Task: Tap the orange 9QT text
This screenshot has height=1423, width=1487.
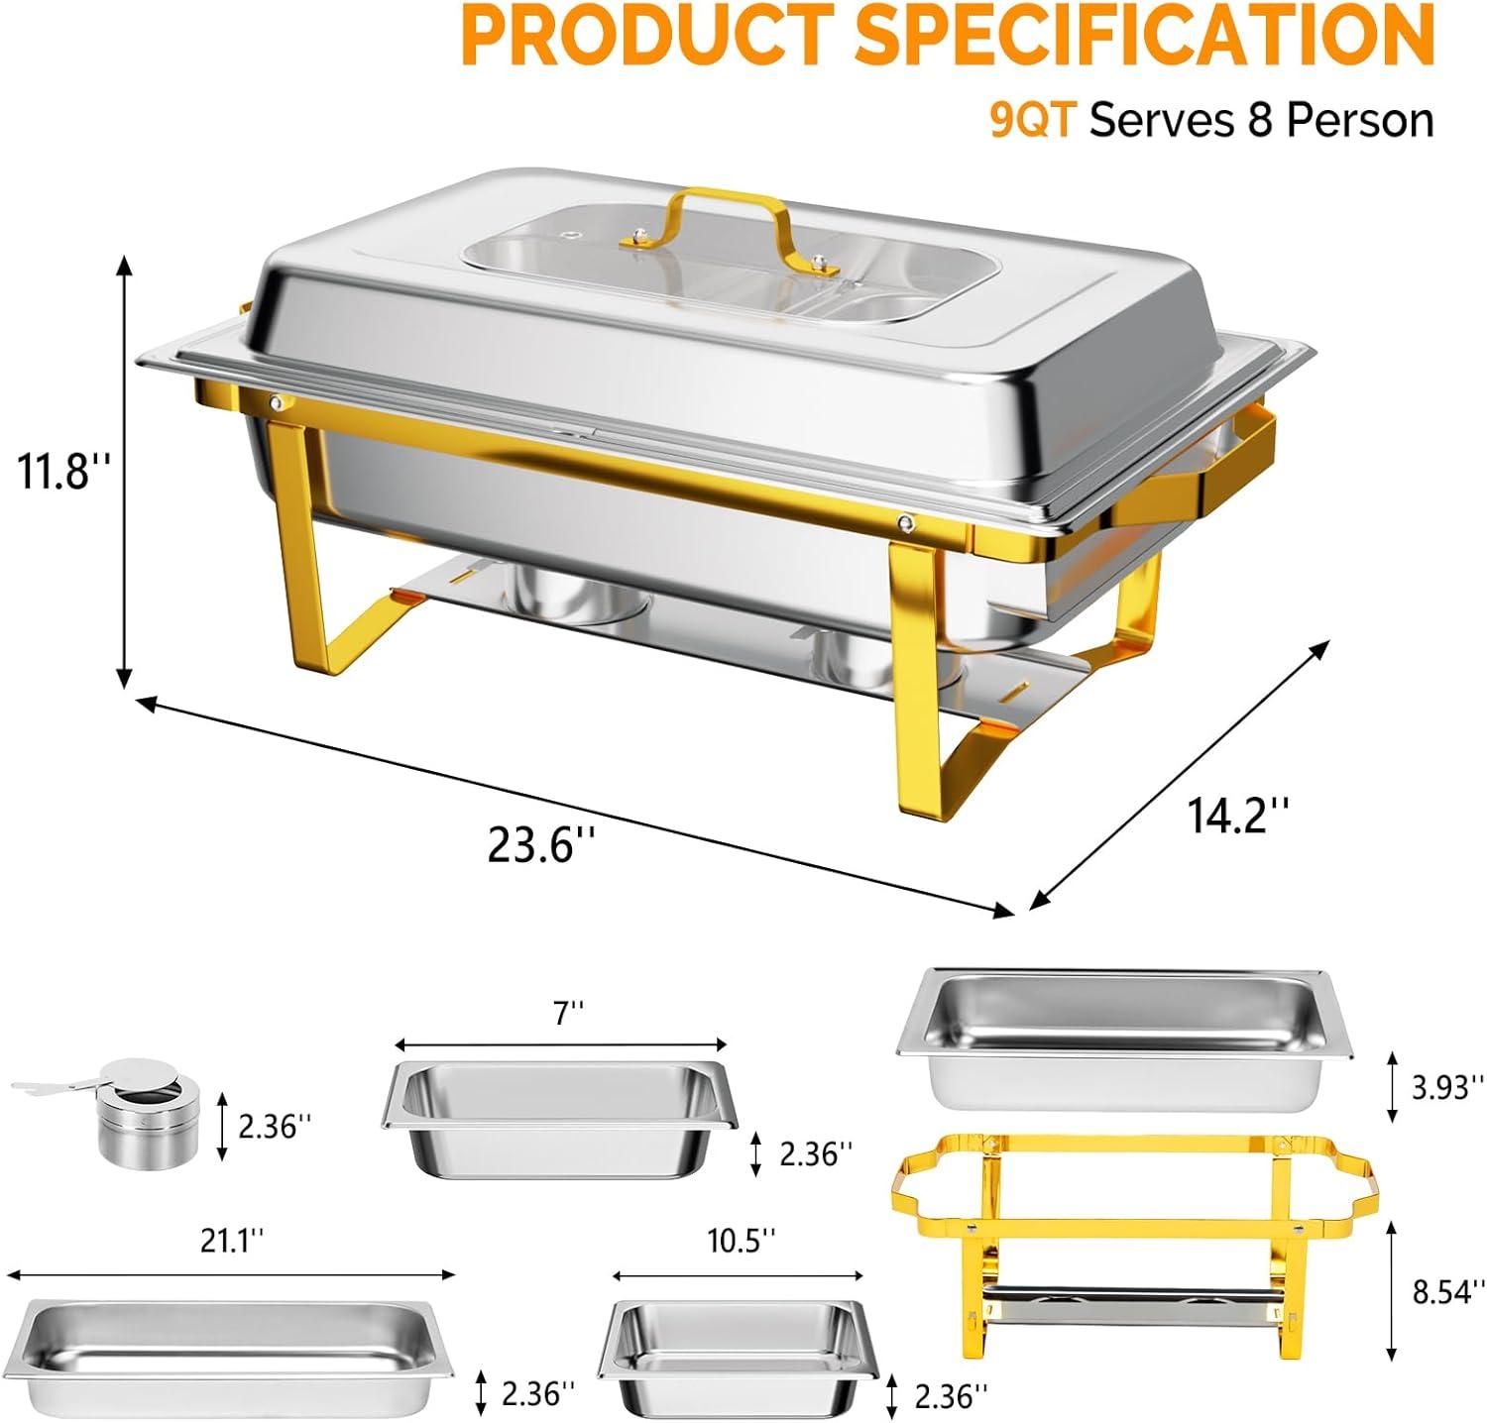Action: click(1032, 121)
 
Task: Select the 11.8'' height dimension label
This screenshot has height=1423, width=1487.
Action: click(59, 471)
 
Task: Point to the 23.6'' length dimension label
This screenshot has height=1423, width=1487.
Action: click(542, 845)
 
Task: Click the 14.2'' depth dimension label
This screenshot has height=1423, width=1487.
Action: click(1239, 816)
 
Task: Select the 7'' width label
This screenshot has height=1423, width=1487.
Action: click(569, 1013)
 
